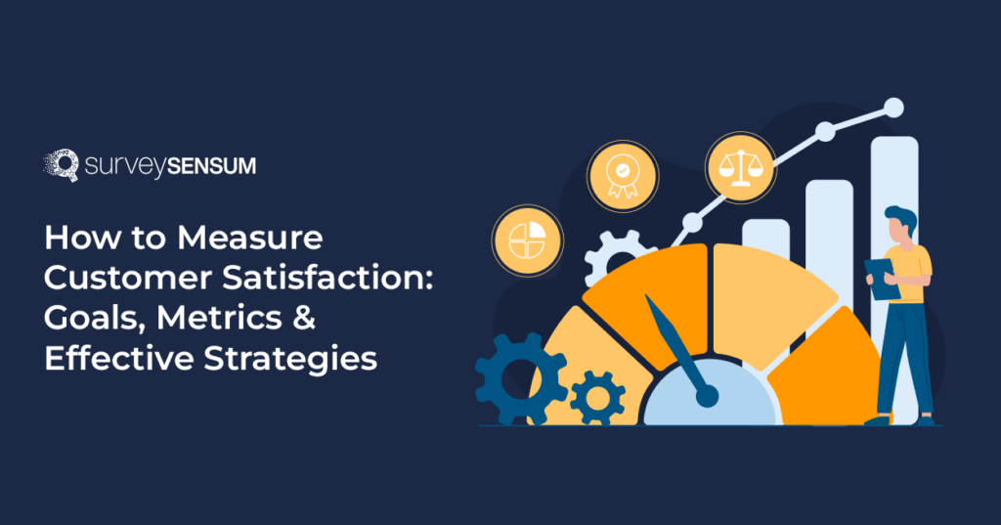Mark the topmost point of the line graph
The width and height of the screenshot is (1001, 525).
point(892,107)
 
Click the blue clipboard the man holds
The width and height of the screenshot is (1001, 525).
point(883,278)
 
